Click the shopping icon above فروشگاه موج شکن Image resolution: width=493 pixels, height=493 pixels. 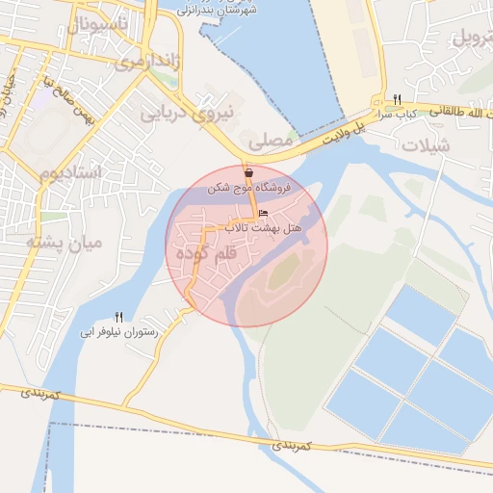point(249,173)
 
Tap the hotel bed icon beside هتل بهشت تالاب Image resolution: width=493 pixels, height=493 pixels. point(264,214)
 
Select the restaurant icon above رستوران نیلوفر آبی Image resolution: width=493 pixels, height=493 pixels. point(119,317)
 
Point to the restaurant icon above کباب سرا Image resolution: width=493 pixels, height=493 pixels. point(397,99)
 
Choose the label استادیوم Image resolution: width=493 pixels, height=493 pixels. point(71,172)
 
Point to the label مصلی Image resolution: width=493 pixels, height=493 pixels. point(271,140)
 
